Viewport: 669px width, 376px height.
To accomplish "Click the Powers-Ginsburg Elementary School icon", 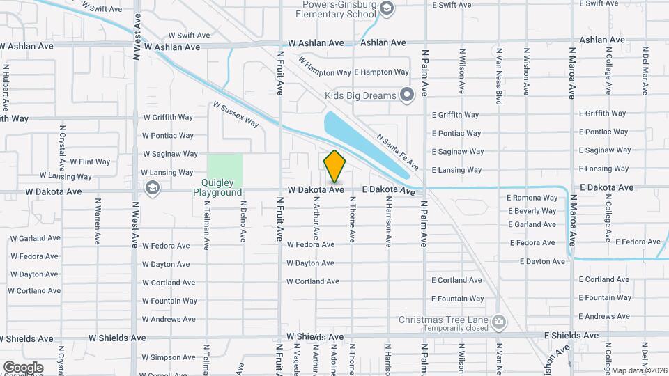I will pos(387,8).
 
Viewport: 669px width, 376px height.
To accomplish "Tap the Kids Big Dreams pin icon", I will pos(408,95).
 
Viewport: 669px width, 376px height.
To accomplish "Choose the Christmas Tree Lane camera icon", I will pos(498,321).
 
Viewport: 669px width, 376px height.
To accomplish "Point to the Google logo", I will pos(23,367).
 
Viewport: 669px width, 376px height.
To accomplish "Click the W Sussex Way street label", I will pos(236,116).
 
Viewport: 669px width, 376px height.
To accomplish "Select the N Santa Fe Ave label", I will pos(398,153).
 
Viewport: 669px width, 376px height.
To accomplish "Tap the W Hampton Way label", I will pos(324,68).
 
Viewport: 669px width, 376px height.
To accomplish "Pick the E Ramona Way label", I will pos(532,198).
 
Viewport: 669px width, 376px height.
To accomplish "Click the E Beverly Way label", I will pos(532,211).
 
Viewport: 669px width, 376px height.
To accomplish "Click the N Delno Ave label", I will pos(243,221).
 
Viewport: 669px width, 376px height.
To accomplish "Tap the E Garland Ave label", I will pos(532,224).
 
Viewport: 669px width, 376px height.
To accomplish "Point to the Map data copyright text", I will pos(640,370).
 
